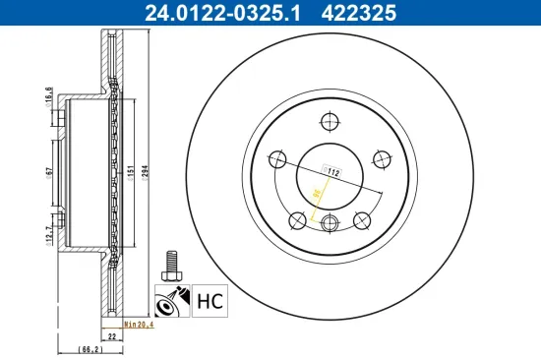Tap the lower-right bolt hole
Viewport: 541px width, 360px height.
tap(361, 217)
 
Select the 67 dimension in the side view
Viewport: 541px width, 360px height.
tap(49, 173)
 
